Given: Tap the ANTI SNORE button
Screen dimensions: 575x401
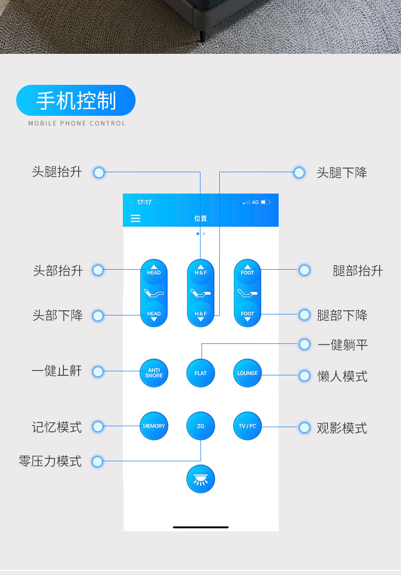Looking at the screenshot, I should coord(154,373).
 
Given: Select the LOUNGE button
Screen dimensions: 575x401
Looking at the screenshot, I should coord(247,373).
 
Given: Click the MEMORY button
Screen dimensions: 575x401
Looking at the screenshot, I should coord(154,426).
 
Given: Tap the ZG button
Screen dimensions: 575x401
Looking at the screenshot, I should coord(201,426).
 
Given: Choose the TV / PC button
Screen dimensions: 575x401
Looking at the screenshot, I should coord(247,426).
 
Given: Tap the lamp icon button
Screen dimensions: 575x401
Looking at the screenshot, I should coord(201,478).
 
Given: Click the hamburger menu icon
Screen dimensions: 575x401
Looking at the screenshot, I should coord(136,218).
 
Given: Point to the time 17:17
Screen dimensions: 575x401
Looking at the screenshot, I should coord(144,202).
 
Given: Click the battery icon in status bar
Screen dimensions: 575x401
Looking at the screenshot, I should coord(266,202).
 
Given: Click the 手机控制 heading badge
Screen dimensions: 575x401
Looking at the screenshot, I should coord(76,101).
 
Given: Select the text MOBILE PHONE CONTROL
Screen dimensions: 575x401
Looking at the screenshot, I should coord(77,123).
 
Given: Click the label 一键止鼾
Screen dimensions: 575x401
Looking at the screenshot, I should coord(56,371).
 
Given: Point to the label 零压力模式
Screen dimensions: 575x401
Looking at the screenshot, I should coord(50,461).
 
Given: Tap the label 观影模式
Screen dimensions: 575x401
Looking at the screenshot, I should coord(342,428).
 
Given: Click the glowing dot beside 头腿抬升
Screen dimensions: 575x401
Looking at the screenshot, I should coord(99,173).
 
